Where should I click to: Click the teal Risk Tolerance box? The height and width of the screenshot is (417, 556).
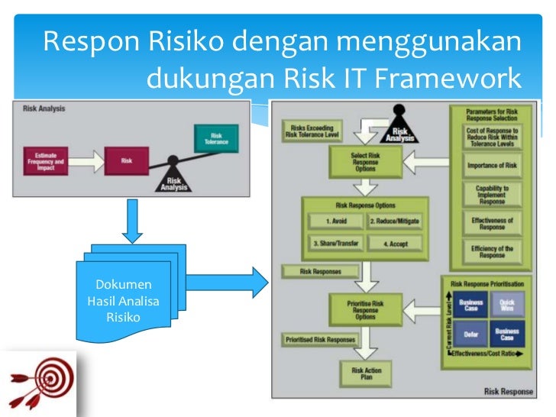click(215, 138)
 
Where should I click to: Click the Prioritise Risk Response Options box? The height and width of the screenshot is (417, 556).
click(366, 309)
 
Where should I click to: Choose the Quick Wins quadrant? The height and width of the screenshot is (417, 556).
click(506, 305)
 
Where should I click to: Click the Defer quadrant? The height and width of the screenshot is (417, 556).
click(471, 333)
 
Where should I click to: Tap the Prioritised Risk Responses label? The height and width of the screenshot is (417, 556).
click(319, 339)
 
